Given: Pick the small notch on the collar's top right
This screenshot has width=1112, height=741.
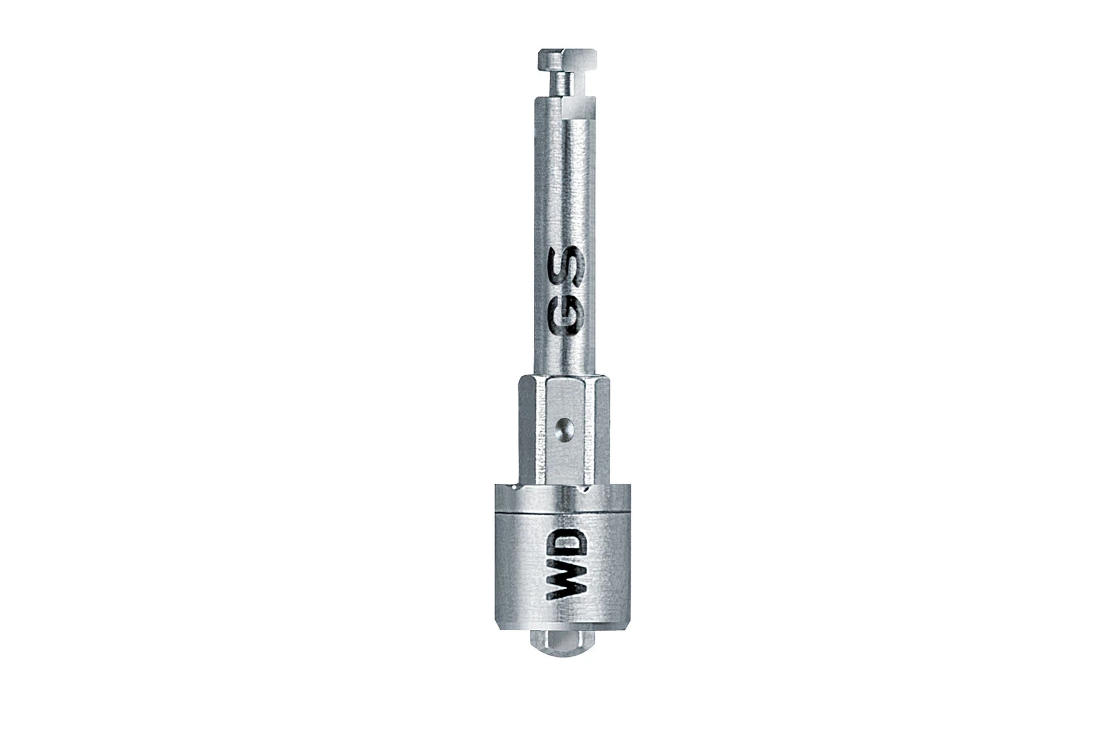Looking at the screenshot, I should tap(585, 488).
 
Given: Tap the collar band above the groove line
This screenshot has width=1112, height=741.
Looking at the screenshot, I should tap(562, 499).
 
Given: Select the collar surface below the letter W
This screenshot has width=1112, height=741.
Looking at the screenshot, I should tap(567, 612).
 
